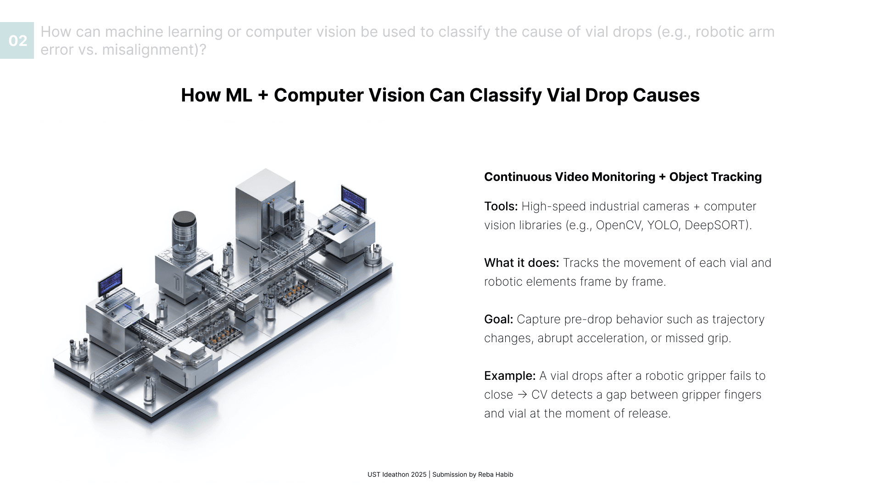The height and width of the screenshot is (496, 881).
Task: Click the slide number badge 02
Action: (x=17, y=40)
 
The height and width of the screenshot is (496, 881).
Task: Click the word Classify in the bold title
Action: (x=505, y=96)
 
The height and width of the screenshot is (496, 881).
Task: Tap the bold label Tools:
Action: (x=501, y=207)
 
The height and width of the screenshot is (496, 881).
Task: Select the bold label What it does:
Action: (x=521, y=263)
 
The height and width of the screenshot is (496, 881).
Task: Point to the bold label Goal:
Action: (x=498, y=320)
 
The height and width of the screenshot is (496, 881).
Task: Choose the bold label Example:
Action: (x=509, y=376)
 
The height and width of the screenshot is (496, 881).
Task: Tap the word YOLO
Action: (x=663, y=225)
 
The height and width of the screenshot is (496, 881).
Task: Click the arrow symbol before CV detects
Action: (x=522, y=395)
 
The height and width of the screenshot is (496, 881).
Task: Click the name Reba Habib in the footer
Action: (x=496, y=474)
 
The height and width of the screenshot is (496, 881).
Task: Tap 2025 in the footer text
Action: (x=418, y=474)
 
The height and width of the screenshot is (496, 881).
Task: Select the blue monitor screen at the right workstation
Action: (x=353, y=198)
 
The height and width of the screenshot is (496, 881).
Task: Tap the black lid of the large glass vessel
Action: (x=184, y=218)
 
